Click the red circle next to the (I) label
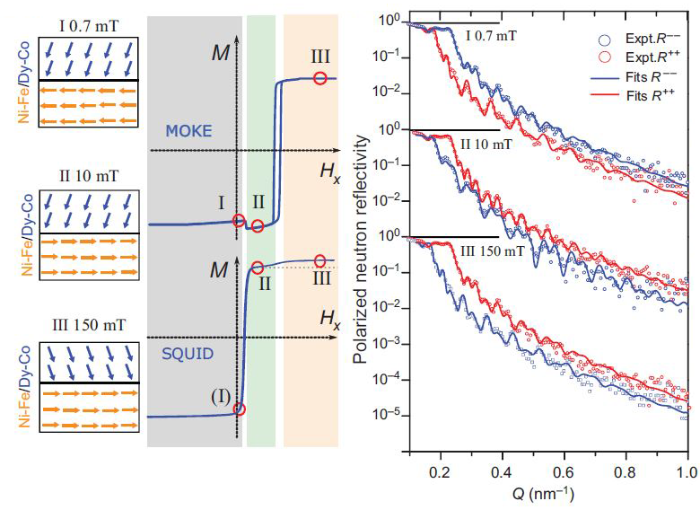click(x=238, y=409)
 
